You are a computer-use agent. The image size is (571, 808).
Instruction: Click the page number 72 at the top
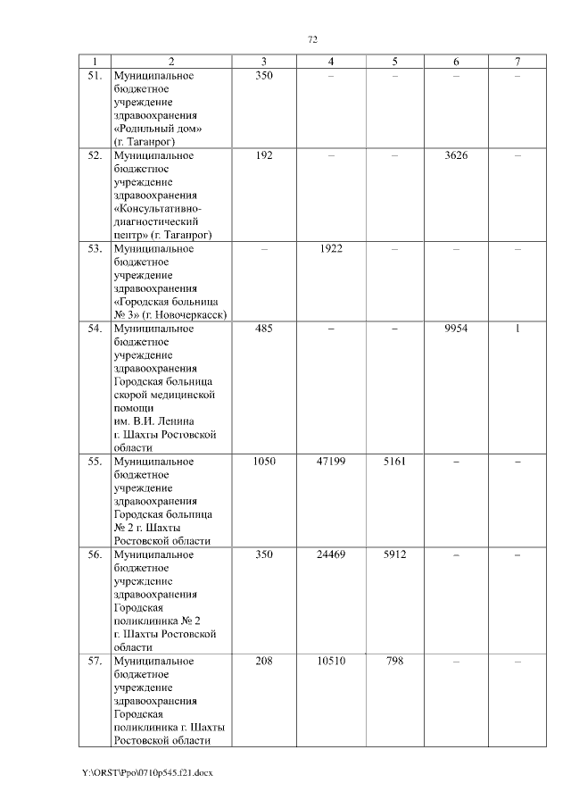coord(312,39)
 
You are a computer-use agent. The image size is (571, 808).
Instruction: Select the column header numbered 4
coord(331,61)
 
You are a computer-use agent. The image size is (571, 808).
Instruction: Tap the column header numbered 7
coord(517,61)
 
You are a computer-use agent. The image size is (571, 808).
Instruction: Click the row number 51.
coord(93,76)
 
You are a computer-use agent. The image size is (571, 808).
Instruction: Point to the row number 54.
coord(93,328)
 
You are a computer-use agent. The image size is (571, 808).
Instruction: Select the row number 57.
coord(93,661)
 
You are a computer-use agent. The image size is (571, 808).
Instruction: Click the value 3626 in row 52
coord(456,155)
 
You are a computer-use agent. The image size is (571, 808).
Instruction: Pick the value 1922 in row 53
coord(331,248)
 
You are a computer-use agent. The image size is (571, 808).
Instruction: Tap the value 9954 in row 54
coord(456,328)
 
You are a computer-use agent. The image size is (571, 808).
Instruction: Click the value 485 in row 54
coord(264,328)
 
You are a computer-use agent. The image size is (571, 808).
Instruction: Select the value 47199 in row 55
coord(331,461)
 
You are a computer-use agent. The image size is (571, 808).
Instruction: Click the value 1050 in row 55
coord(264,461)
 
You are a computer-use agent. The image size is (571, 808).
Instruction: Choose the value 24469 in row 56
coord(331,554)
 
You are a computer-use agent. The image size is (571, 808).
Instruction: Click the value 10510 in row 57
coord(331,661)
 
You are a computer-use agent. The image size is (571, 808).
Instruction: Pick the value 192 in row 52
coord(264,155)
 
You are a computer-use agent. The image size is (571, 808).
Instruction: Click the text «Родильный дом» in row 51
coord(158,129)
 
